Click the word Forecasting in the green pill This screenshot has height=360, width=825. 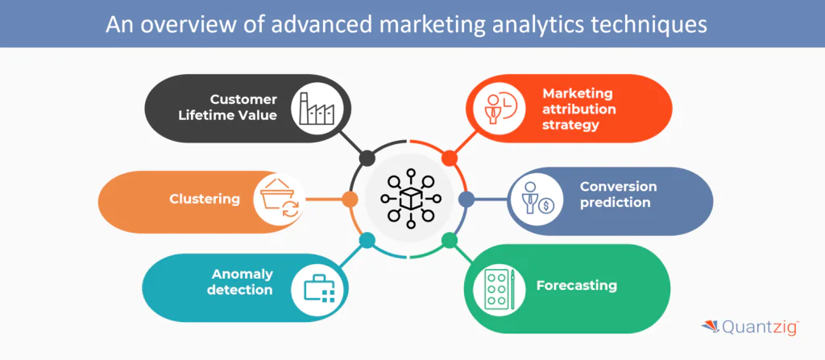coord(576,285)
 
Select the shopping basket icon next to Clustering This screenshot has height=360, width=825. coord(278,200)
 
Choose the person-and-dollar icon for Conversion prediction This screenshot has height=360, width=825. coord(534,200)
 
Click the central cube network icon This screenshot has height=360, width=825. coord(410,198)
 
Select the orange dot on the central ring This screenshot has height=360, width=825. coord(350,199)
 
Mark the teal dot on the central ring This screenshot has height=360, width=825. coord(367,240)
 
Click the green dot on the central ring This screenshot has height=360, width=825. coord(450,240)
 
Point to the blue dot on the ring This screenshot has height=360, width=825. coord(466,198)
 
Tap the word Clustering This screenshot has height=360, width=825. coord(204,199)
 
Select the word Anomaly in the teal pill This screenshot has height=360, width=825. coord(242,273)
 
